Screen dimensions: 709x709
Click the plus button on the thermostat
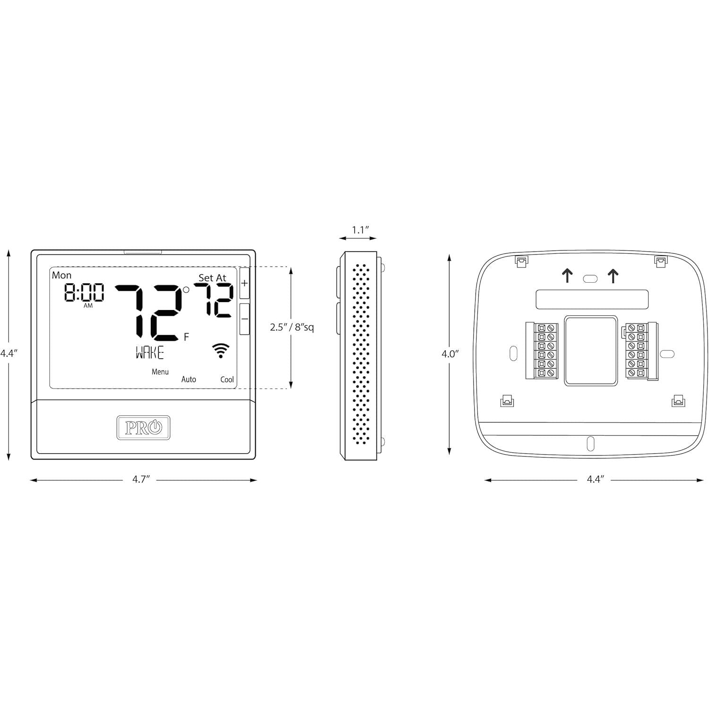click(x=244, y=284)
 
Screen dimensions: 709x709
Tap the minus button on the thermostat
click(x=244, y=319)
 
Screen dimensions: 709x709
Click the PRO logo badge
click(x=143, y=428)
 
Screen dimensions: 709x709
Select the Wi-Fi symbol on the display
click(x=221, y=351)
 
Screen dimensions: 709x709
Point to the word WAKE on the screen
click(x=150, y=353)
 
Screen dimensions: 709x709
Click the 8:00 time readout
click(x=84, y=293)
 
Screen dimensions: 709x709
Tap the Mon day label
click(x=62, y=275)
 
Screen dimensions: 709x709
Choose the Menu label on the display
click(x=160, y=372)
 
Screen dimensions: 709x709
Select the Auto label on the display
click(x=189, y=379)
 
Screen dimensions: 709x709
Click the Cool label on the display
click(x=227, y=379)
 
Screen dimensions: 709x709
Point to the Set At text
click(x=212, y=278)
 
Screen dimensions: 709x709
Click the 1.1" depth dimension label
click(x=360, y=230)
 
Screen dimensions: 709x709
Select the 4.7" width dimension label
click(x=141, y=479)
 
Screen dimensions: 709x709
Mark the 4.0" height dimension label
click(x=450, y=354)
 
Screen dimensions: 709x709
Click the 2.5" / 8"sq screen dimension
click(x=292, y=327)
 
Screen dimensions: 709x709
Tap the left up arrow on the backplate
click(x=567, y=276)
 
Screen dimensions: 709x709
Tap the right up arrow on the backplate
click(x=613, y=276)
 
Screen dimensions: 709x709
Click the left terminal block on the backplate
click(x=542, y=350)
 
